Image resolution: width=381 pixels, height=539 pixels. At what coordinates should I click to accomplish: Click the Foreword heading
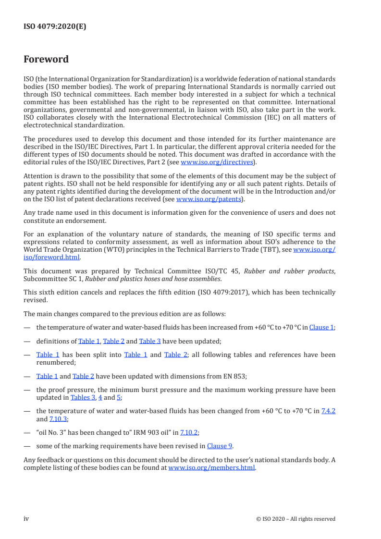coord(46,60)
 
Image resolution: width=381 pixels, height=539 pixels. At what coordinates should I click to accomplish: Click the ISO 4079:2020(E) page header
coord(55,27)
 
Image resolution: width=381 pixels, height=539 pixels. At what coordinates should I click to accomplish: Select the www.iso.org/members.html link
coord(211,467)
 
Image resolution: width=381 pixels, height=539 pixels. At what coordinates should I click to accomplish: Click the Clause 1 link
coord(321,327)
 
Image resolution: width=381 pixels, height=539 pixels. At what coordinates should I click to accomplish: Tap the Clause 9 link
coord(220,446)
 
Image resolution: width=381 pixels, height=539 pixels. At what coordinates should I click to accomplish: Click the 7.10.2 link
coord(189,432)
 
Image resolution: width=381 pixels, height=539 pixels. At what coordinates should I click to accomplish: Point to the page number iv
coord(26,519)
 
